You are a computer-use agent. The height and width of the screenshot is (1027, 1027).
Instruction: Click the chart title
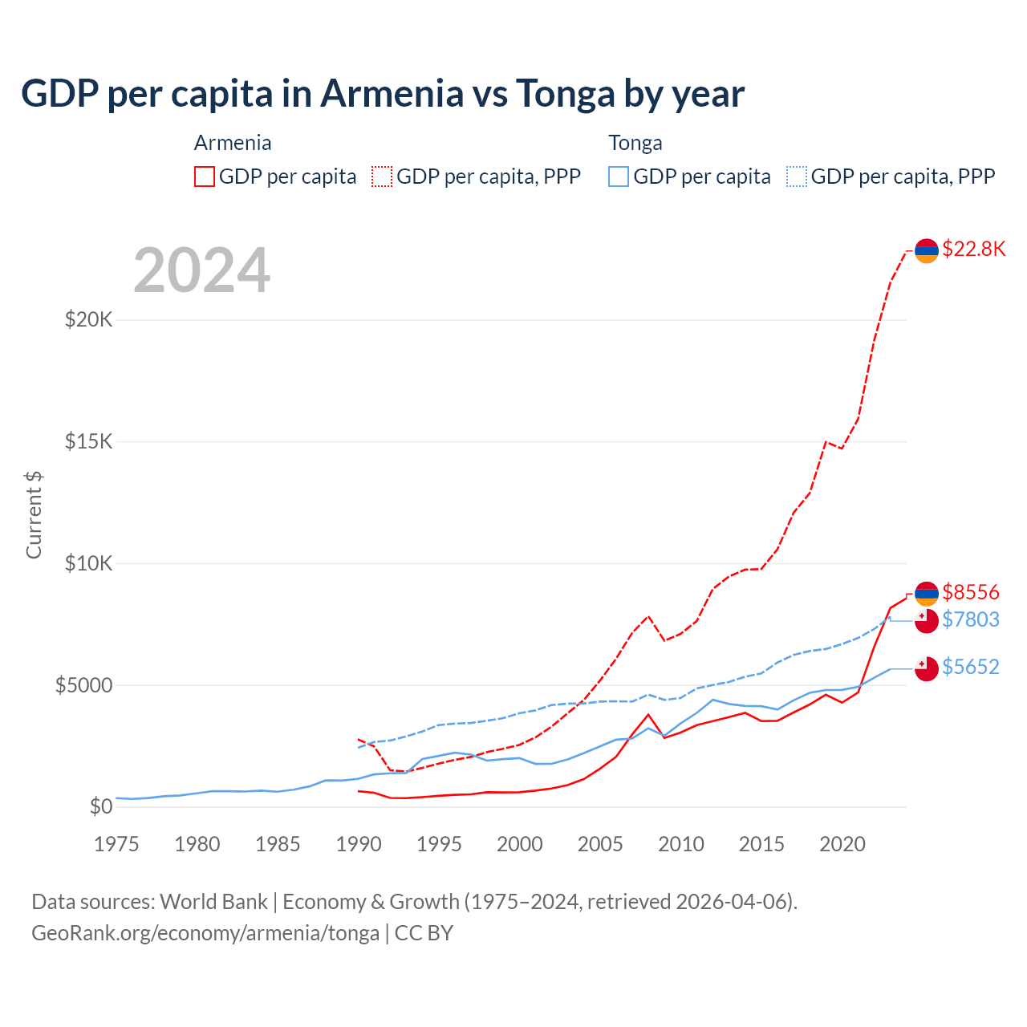coord(383,93)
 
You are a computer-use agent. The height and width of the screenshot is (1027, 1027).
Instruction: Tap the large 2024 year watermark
coord(201,270)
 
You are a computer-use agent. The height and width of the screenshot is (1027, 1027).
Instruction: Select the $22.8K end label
coord(973,249)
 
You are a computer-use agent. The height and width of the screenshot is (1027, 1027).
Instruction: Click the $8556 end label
coord(970,592)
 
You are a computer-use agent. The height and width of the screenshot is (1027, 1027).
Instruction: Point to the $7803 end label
coord(970,619)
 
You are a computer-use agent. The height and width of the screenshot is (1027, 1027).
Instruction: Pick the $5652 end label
coord(970,667)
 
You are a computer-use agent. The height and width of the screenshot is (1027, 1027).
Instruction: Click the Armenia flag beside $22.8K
coord(927,250)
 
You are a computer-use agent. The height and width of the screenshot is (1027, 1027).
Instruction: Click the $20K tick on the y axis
coord(89,319)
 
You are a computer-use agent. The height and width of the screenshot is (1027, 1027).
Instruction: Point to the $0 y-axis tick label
coord(101,806)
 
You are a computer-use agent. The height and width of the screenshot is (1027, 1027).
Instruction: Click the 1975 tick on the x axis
coord(116,844)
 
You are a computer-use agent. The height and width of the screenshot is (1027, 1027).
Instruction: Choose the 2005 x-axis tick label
coord(600,844)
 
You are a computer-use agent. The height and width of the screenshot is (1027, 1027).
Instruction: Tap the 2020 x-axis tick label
coord(842,844)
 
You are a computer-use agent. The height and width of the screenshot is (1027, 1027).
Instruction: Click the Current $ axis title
coord(34,514)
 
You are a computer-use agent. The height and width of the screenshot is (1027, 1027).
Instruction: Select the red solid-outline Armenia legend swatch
coord(205,177)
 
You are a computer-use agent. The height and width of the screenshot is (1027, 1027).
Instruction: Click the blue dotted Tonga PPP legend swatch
coord(797,177)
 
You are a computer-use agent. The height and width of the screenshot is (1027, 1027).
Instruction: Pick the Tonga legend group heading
coord(635,143)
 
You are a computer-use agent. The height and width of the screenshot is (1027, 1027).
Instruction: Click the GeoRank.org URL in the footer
coord(205,933)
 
